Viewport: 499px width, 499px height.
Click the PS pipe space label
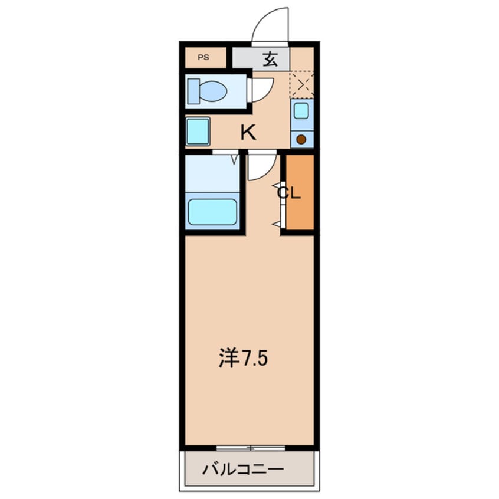[203, 58]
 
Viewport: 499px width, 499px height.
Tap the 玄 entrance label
[271, 58]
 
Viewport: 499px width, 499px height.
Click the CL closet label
[290, 193]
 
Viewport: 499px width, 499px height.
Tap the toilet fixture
[208, 91]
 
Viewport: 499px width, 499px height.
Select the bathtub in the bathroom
[212, 212]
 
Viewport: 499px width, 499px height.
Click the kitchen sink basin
[301, 110]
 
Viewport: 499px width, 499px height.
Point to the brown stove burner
[301, 140]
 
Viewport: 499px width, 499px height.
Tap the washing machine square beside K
[198, 132]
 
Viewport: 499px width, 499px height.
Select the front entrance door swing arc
[271, 25]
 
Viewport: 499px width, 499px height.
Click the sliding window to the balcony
[250, 448]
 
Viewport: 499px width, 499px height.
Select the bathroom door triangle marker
[234, 158]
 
